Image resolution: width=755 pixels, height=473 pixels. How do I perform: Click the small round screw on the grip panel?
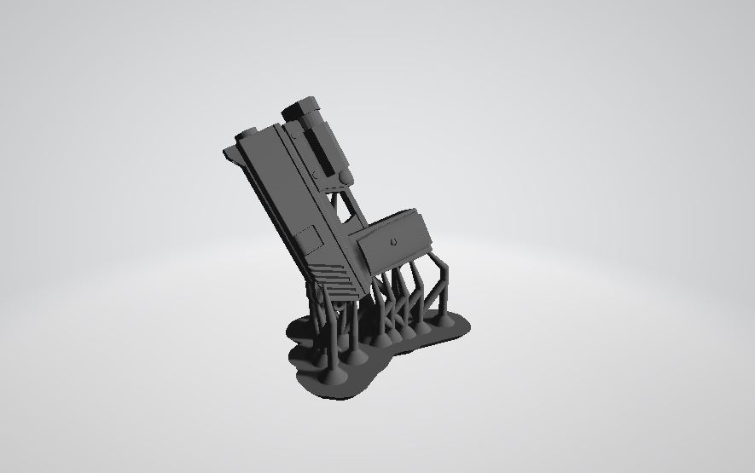point(393,242)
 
